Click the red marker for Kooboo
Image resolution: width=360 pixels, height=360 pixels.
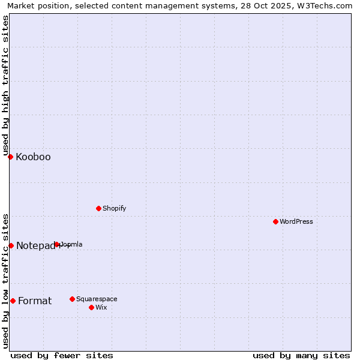point(10,157)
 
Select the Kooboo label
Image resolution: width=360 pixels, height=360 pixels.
point(33,157)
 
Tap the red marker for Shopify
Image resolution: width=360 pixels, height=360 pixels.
point(98,208)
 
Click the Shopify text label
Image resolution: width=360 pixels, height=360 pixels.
point(114,209)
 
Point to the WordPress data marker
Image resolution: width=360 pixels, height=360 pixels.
point(275,221)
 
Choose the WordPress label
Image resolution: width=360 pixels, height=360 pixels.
point(296,222)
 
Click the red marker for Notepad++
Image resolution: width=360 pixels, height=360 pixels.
point(11,245)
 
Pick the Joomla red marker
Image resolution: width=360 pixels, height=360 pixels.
point(57,244)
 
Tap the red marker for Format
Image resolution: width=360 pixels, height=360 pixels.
point(13,301)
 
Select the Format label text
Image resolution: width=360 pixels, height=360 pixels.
point(35,301)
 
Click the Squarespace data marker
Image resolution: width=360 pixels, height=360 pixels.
point(72,299)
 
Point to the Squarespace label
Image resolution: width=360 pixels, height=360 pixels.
point(97,299)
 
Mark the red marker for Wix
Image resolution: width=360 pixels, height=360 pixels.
point(91,307)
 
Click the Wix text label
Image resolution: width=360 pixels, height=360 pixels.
point(101,308)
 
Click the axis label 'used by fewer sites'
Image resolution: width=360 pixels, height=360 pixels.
point(62,355)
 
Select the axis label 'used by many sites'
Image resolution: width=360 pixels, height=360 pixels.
point(301,355)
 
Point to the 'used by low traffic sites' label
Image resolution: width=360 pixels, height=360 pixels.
point(5,280)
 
